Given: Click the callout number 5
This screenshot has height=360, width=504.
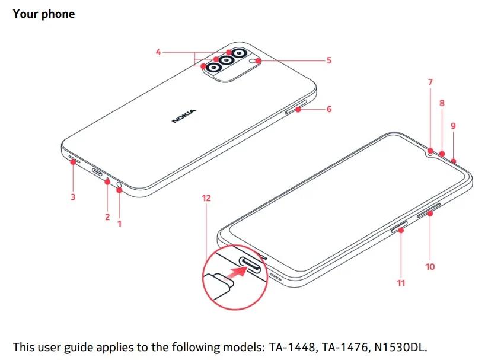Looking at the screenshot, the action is [329, 60].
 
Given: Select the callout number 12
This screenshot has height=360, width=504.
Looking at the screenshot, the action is [206, 198].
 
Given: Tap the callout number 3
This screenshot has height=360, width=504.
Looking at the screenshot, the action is [73, 197].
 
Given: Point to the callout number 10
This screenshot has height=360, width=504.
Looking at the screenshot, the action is [430, 267].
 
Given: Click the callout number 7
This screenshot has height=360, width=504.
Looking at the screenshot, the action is [430, 82].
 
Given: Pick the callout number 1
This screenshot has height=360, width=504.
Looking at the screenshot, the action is [120, 224].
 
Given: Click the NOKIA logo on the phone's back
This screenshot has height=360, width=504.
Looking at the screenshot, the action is [184, 116].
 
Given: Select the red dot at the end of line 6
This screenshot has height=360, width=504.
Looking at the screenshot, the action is [298, 110].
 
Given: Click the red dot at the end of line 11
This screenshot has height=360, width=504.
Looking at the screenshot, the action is [401, 230].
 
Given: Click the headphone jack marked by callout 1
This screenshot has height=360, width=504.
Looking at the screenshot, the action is [119, 185].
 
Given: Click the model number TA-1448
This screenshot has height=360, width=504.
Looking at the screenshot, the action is [292, 347].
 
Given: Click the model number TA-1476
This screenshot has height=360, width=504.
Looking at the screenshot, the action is [345, 347].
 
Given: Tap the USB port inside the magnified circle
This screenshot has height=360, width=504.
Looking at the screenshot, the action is [253, 264].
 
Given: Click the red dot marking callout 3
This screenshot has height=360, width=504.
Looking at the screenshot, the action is [74, 162].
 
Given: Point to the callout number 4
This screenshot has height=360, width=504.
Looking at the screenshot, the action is [158, 52].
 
